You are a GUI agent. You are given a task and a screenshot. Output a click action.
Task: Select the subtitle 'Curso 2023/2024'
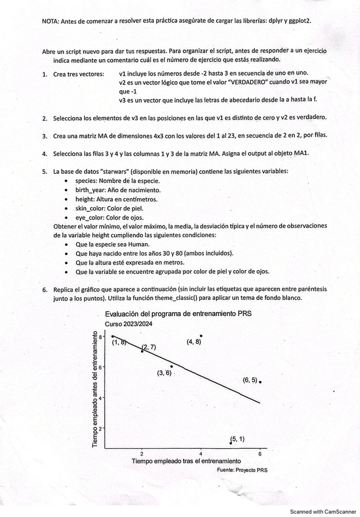click(x=129, y=324)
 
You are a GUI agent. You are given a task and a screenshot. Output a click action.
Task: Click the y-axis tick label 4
click(x=102, y=398)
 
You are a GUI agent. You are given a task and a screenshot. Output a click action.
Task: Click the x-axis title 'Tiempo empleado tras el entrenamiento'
click(x=186, y=462)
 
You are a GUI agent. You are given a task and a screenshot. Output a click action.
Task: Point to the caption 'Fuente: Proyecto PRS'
click(x=242, y=470)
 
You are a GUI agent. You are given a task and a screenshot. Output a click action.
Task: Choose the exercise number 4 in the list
click(x=45, y=153)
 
